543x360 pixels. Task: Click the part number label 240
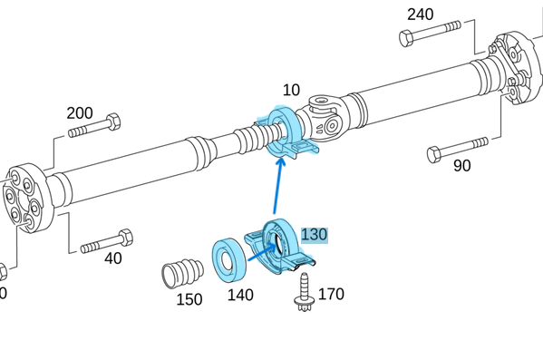(x=420, y=15)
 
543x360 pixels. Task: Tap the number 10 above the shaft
(x=291, y=91)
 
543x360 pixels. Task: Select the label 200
(x=79, y=113)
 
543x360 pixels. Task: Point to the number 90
(x=462, y=166)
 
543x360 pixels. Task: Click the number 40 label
(x=112, y=258)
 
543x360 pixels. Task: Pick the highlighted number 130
(x=314, y=235)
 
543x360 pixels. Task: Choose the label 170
(x=331, y=294)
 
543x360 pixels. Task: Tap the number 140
(x=240, y=294)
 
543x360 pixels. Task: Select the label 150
(x=189, y=299)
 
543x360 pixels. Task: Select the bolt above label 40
(x=106, y=243)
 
